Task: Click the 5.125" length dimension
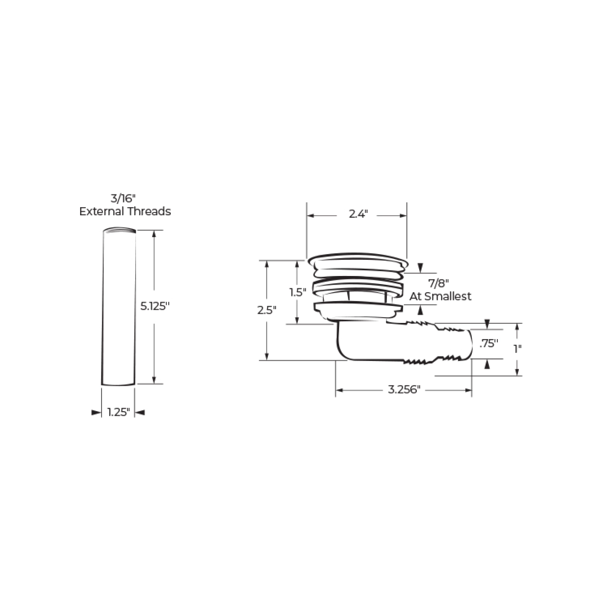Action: [155, 306]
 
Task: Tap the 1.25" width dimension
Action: [118, 413]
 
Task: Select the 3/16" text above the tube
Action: [125, 198]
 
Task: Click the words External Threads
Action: [125, 212]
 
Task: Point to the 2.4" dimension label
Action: [358, 214]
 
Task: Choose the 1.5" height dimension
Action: [298, 292]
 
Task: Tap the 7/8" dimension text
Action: [438, 284]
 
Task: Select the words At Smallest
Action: [441, 296]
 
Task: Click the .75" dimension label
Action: [488, 344]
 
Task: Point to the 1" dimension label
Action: [517, 349]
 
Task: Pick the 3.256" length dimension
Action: [404, 390]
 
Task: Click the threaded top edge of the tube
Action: [120, 230]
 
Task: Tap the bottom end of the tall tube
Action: [118, 383]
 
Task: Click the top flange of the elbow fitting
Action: [357, 261]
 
